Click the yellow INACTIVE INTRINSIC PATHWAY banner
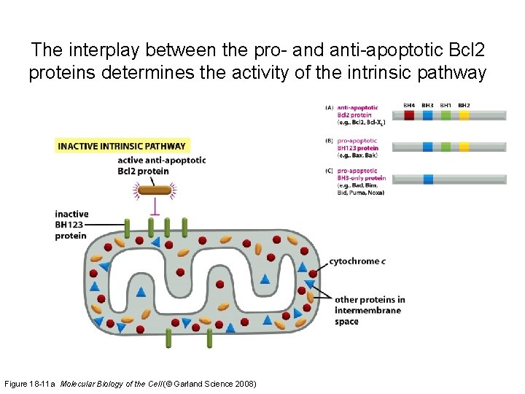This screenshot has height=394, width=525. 122,146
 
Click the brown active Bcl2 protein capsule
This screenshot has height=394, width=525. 155,190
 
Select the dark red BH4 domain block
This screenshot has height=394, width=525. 410,115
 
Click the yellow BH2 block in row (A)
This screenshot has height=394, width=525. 464,115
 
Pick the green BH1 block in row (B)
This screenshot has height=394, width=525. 446,147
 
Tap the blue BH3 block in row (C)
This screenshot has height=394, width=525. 428,179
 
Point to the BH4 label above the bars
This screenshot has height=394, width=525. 410,106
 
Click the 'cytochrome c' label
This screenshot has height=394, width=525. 357,261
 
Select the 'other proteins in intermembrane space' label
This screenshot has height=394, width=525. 368,310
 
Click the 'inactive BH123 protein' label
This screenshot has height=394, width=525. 71,225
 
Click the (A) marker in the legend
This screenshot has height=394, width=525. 330,107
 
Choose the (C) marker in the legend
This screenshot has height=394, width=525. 330,171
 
